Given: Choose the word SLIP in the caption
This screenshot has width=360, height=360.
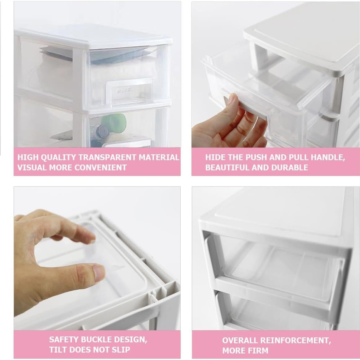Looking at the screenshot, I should pos(121,350).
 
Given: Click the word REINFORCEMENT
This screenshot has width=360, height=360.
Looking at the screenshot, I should pos(295,341).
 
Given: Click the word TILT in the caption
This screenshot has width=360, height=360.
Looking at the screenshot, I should pos(58,350).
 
